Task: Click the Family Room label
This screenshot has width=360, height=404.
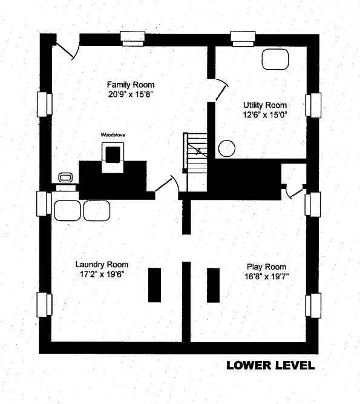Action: pyautogui.click(x=131, y=85)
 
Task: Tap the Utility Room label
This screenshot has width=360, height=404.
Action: pyautogui.click(x=265, y=105)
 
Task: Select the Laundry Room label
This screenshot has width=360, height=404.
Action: pyautogui.click(x=102, y=265)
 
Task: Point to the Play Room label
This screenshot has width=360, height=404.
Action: pyautogui.click(x=267, y=267)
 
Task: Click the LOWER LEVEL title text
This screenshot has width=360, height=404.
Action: pyautogui.click(x=270, y=365)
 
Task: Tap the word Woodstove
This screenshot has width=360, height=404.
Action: pyautogui.click(x=113, y=134)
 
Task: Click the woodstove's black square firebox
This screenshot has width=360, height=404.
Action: pyautogui.click(x=113, y=155)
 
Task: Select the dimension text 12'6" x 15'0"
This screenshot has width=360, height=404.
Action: pyautogui.click(x=265, y=114)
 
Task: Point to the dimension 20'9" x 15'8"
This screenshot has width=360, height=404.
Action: pyautogui.click(x=131, y=94)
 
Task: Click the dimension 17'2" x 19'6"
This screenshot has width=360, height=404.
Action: pyautogui.click(x=102, y=274)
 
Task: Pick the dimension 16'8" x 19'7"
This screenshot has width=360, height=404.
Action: pyautogui.click(x=267, y=276)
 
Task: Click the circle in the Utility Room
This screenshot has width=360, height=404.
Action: pyautogui.click(x=227, y=148)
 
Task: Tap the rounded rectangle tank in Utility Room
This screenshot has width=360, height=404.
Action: pyautogui.click(x=275, y=59)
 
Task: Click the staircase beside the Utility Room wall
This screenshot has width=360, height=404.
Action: pyautogui.click(x=196, y=162)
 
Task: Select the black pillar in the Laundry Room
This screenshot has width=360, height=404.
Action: pyautogui.click(x=155, y=285)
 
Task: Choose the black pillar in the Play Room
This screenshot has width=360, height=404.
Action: pyautogui.click(x=214, y=285)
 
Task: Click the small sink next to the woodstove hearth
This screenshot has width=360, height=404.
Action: pyautogui.click(x=65, y=177)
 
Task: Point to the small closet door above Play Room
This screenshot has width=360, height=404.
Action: pyautogui.click(x=295, y=193)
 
